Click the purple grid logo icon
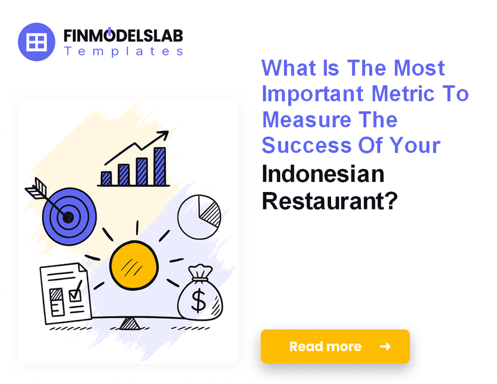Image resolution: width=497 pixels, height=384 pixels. [x=37, y=42]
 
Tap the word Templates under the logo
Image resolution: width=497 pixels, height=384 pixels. [x=123, y=52]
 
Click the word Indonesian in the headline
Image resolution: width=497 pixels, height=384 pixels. [x=322, y=174]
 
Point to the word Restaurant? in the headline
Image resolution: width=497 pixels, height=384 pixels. [x=329, y=201]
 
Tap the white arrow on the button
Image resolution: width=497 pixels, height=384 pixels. [x=385, y=346]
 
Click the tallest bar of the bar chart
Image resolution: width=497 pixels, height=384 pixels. [x=160, y=166]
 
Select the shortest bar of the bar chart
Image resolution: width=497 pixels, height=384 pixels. [x=106, y=178]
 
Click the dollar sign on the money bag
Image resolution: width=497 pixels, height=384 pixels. [x=199, y=301]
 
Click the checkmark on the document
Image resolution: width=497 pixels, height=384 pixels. [x=75, y=292]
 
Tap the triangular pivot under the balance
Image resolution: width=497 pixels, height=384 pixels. [x=130, y=322]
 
